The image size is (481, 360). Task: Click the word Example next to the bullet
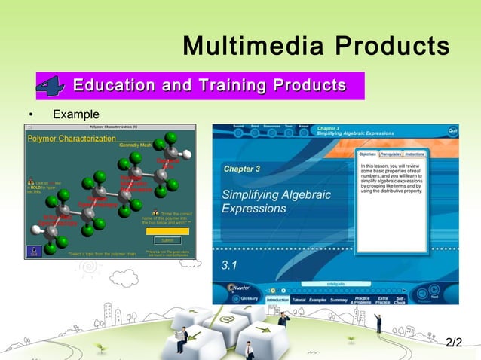(x=75, y=114)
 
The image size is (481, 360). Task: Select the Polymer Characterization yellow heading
(x=72, y=139)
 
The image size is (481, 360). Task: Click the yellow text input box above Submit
(x=167, y=230)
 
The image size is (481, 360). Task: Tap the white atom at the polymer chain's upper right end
(x=187, y=154)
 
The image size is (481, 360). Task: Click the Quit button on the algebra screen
(x=452, y=130)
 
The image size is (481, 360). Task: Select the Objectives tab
(x=368, y=153)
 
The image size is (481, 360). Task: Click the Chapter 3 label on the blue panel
(x=241, y=169)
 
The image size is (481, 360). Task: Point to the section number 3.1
(x=229, y=265)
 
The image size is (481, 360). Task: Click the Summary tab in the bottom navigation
(x=339, y=300)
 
